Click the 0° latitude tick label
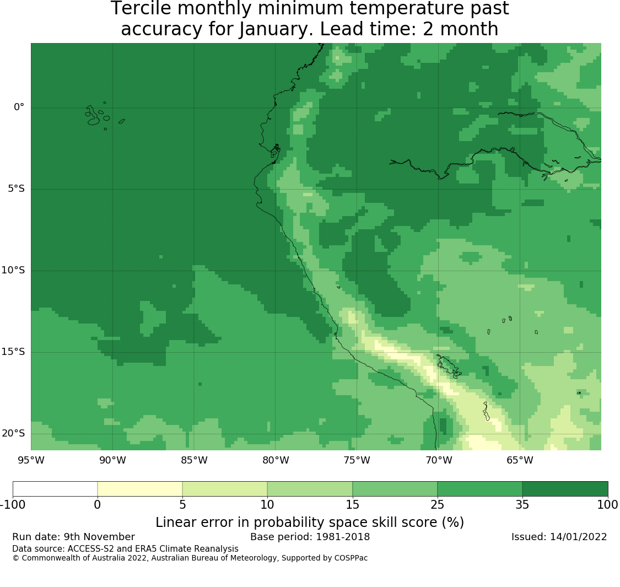coord(19,107)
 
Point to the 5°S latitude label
coord(16,189)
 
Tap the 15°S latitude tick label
coord(13,352)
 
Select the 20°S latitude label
coord(13,433)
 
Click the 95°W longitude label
coord(31,460)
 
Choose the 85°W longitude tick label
coord(194,460)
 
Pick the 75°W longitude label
coord(357,460)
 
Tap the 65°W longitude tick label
coord(520,460)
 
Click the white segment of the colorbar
coord(55,489)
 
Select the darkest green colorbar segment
coord(565,489)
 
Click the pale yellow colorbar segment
coord(140,489)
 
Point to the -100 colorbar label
coord(13,505)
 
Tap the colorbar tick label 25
coord(438,505)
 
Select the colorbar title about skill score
coord(310,523)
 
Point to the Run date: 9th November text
coord(73,537)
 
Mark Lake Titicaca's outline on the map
coord(449,366)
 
